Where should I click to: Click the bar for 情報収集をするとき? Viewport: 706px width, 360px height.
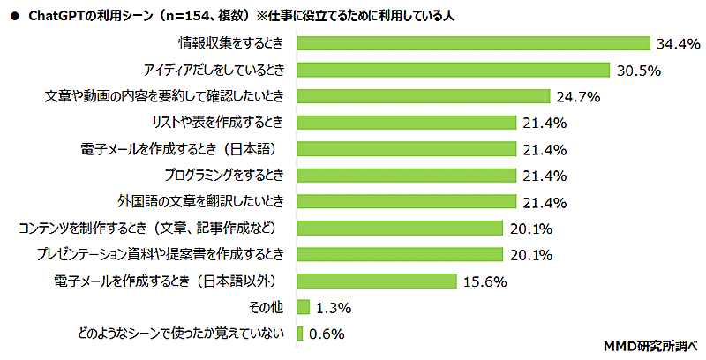click(474, 42)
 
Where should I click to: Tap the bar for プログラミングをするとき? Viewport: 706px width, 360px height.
click(407, 175)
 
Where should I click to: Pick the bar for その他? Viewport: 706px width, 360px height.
click(304, 307)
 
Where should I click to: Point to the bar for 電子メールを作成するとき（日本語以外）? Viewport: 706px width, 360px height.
click(377, 281)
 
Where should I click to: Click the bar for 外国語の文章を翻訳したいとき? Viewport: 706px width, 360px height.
click(407, 201)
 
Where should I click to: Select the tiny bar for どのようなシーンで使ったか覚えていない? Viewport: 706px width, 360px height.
click(300, 334)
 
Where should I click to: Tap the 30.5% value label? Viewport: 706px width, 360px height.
click(639, 69)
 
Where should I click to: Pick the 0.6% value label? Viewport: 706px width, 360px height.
click(325, 334)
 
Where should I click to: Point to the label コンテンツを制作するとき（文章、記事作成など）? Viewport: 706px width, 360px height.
click(152, 228)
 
